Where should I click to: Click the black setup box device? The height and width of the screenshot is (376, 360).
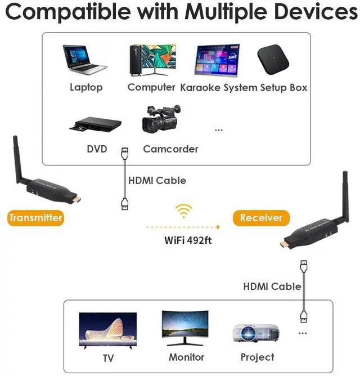coord(276,59)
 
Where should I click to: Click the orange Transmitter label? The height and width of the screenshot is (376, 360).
coord(35,217)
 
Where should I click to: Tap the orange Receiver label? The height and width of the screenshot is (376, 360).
coord(261,217)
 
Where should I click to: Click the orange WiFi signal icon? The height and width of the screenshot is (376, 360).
coord(183,211)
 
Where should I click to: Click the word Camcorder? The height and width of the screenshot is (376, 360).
coord(170,149)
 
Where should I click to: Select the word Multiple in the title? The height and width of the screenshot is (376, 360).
coord(224,11)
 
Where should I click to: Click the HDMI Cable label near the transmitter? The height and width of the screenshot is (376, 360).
coord(157,181)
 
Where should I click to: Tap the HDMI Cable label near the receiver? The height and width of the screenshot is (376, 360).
coord(272,287)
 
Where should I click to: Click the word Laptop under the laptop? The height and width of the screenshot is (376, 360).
coord(86,87)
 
